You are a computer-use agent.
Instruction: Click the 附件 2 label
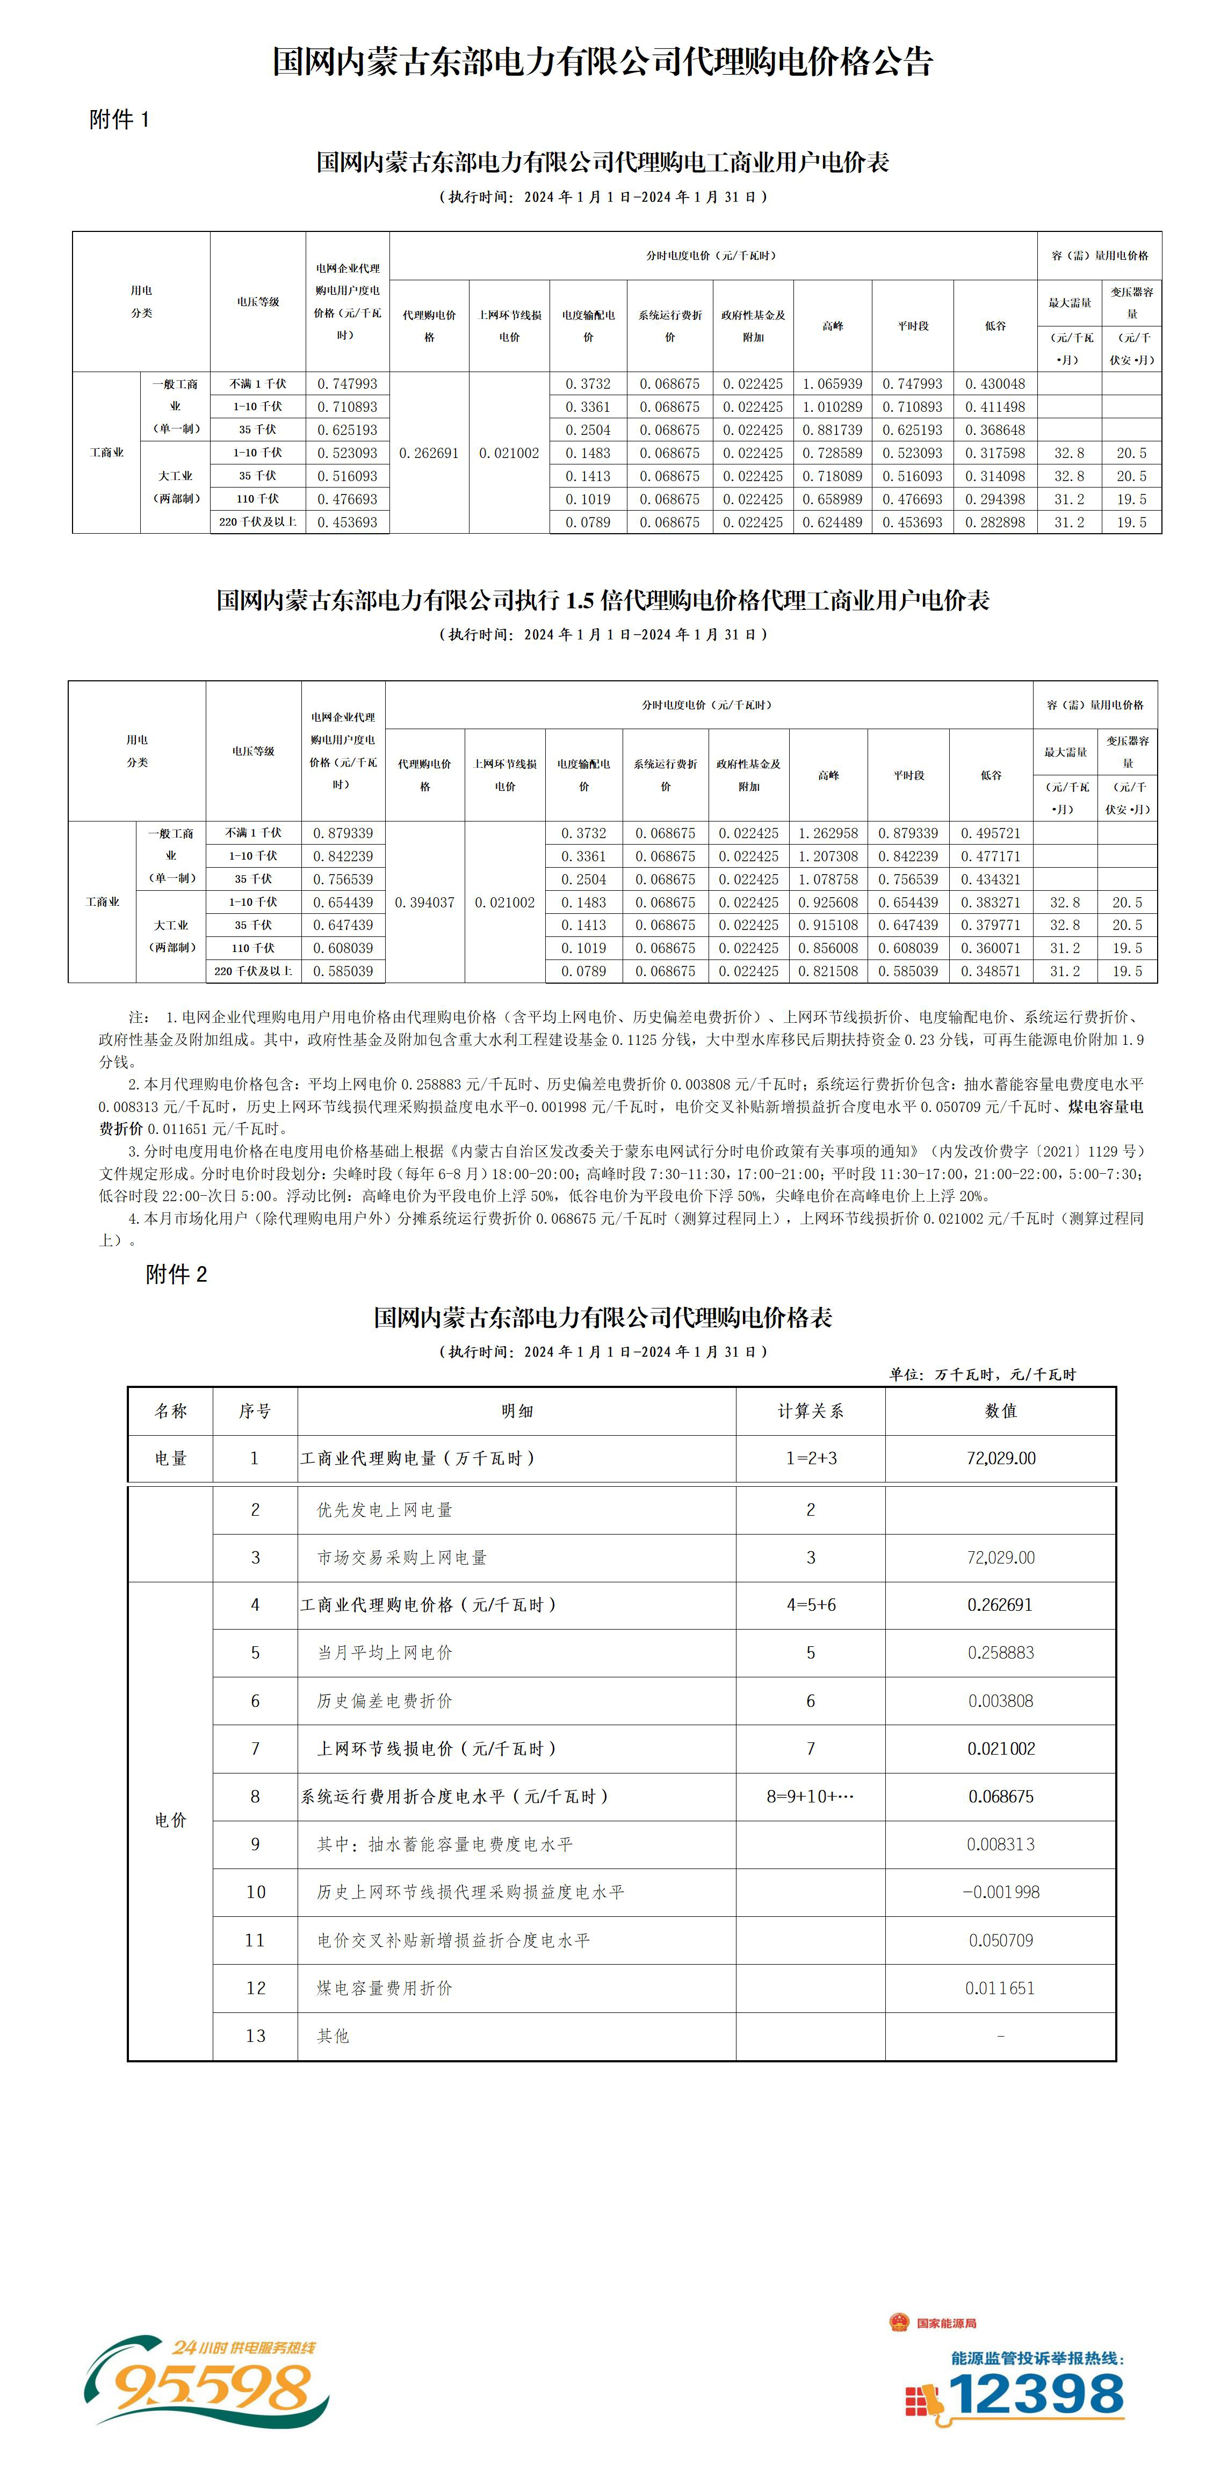click(x=176, y=1274)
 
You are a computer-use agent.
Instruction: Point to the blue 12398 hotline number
click(x=1037, y=2394)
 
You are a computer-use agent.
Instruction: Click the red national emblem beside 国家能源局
click(x=899, y=2322)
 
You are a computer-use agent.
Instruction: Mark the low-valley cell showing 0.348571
click(x=991, y=971)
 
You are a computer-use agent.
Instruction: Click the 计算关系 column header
click(x=811, y=1411)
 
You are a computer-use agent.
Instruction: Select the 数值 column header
click(x=1001, y=1411)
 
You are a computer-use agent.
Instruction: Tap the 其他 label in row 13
click(x=333, y=2035)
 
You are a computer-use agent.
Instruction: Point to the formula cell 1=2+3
click(x=811, y=1458)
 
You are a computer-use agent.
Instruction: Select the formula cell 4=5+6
click(x=811, y=1604)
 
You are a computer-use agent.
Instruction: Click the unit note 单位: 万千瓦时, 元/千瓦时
click(x=982, y=1374)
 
